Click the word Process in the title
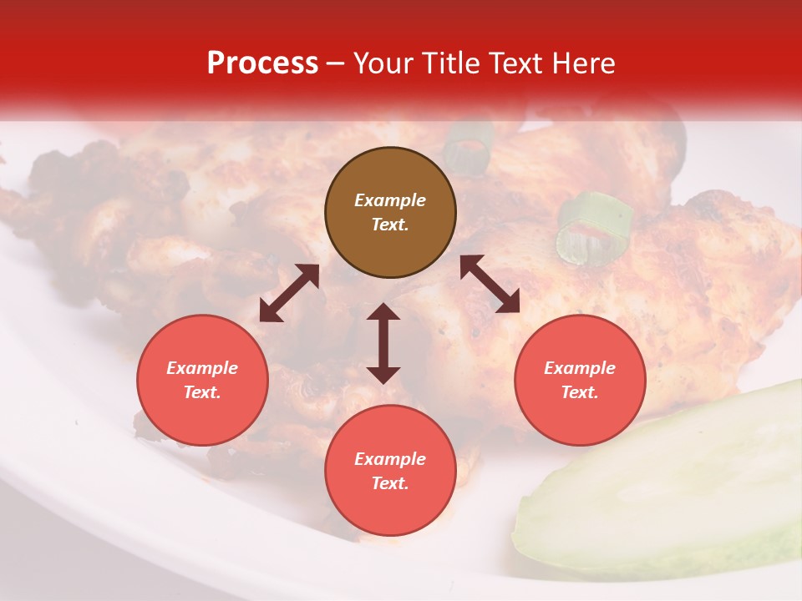(262, 63)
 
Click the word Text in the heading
(514, 63)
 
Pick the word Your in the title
(383, 63)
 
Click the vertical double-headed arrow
(383, 343)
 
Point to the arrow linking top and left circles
(289, 293)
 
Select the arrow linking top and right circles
(490, 284)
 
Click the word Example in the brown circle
(390, 200)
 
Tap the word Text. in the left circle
(202, 392)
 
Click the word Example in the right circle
(580, 368)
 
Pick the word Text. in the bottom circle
(390, 483)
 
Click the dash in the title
(335, 64)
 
